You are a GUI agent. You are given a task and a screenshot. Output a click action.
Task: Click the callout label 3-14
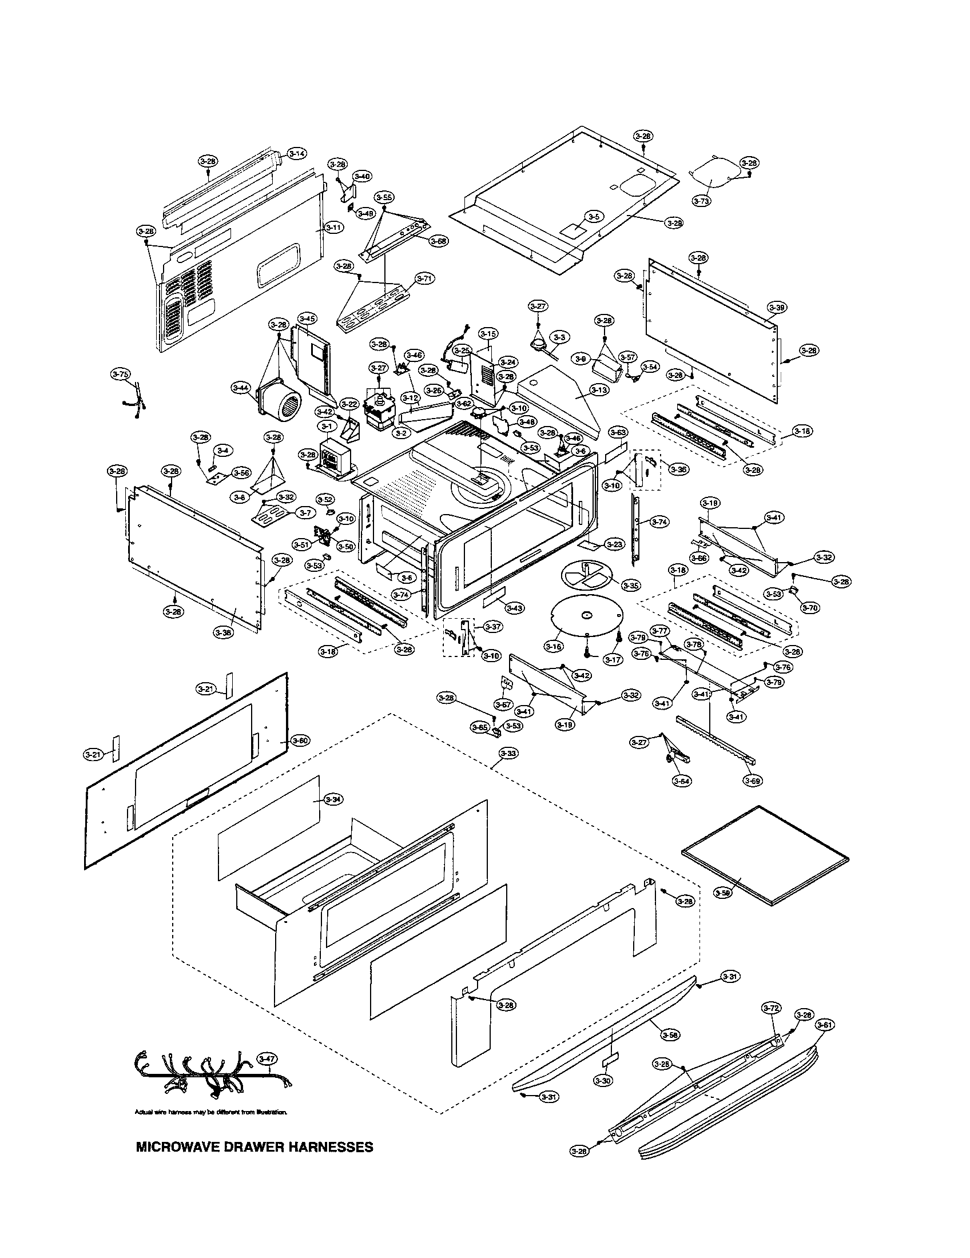[297, 153]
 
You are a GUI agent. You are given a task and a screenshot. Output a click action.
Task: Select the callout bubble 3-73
[702, 201]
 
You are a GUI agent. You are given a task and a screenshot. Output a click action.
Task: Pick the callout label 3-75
[120, 375]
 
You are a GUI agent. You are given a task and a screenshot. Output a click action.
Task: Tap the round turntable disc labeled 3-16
[586, 616]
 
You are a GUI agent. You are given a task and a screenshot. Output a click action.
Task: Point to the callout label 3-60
[300, 740]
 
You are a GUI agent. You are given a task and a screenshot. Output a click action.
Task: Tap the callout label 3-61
[825, 1025]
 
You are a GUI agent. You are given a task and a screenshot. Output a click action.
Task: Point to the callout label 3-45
[308, 319]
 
